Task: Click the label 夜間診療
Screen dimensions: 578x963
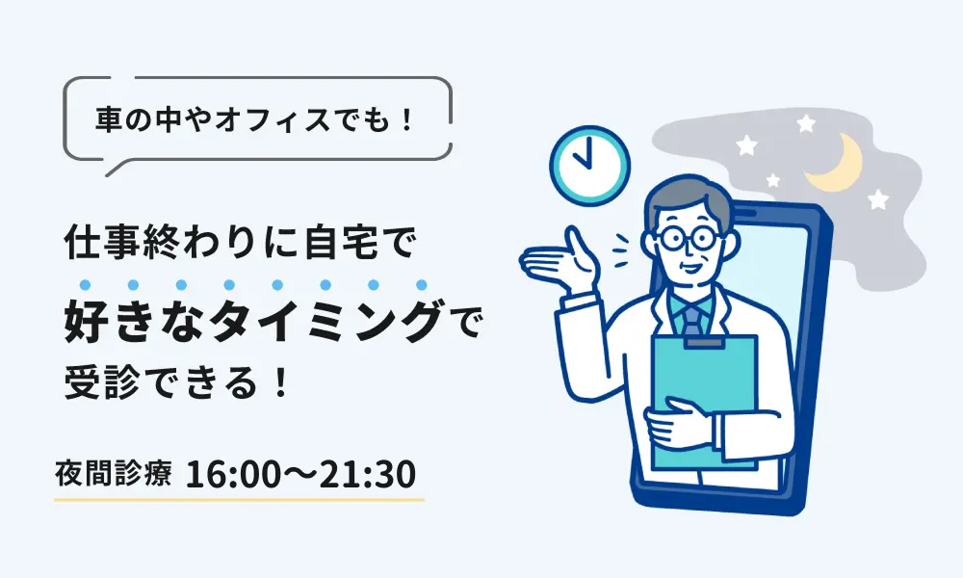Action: point(114,475)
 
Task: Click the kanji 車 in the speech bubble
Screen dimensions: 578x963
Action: point(109,119)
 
